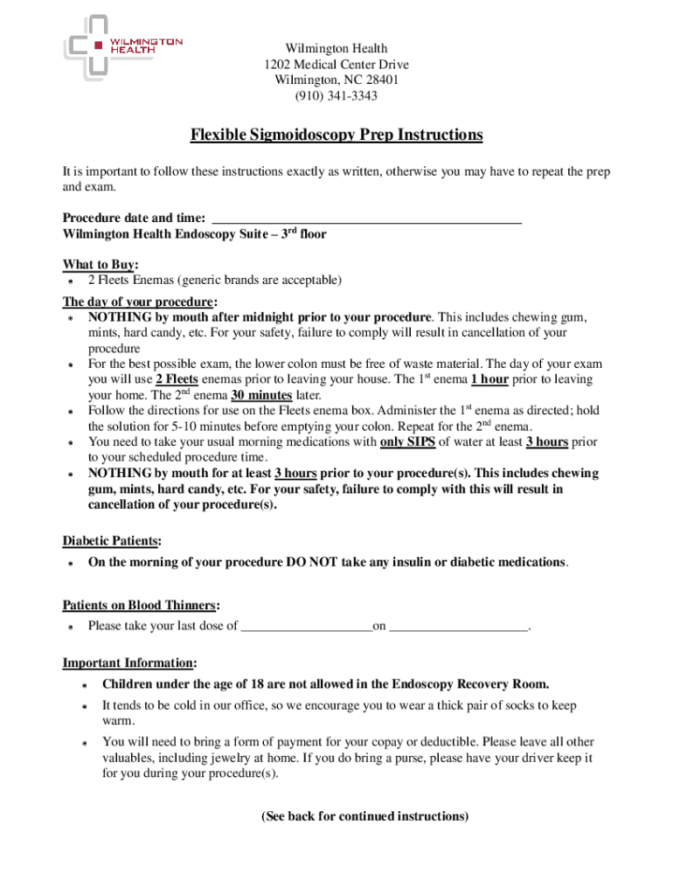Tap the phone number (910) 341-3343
click(x=336, y=96)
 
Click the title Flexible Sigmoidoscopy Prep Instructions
click(x=336, y=135)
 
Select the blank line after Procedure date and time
click(x=367, y=218)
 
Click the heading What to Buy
click(x=101, y=265)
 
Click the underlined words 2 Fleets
click(x=177, y=379)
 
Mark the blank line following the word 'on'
click(x=459, y=626)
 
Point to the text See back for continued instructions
click(x=364, y=816)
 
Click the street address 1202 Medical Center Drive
click(x=336, y=65)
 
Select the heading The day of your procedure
click(x=140, y=302)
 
